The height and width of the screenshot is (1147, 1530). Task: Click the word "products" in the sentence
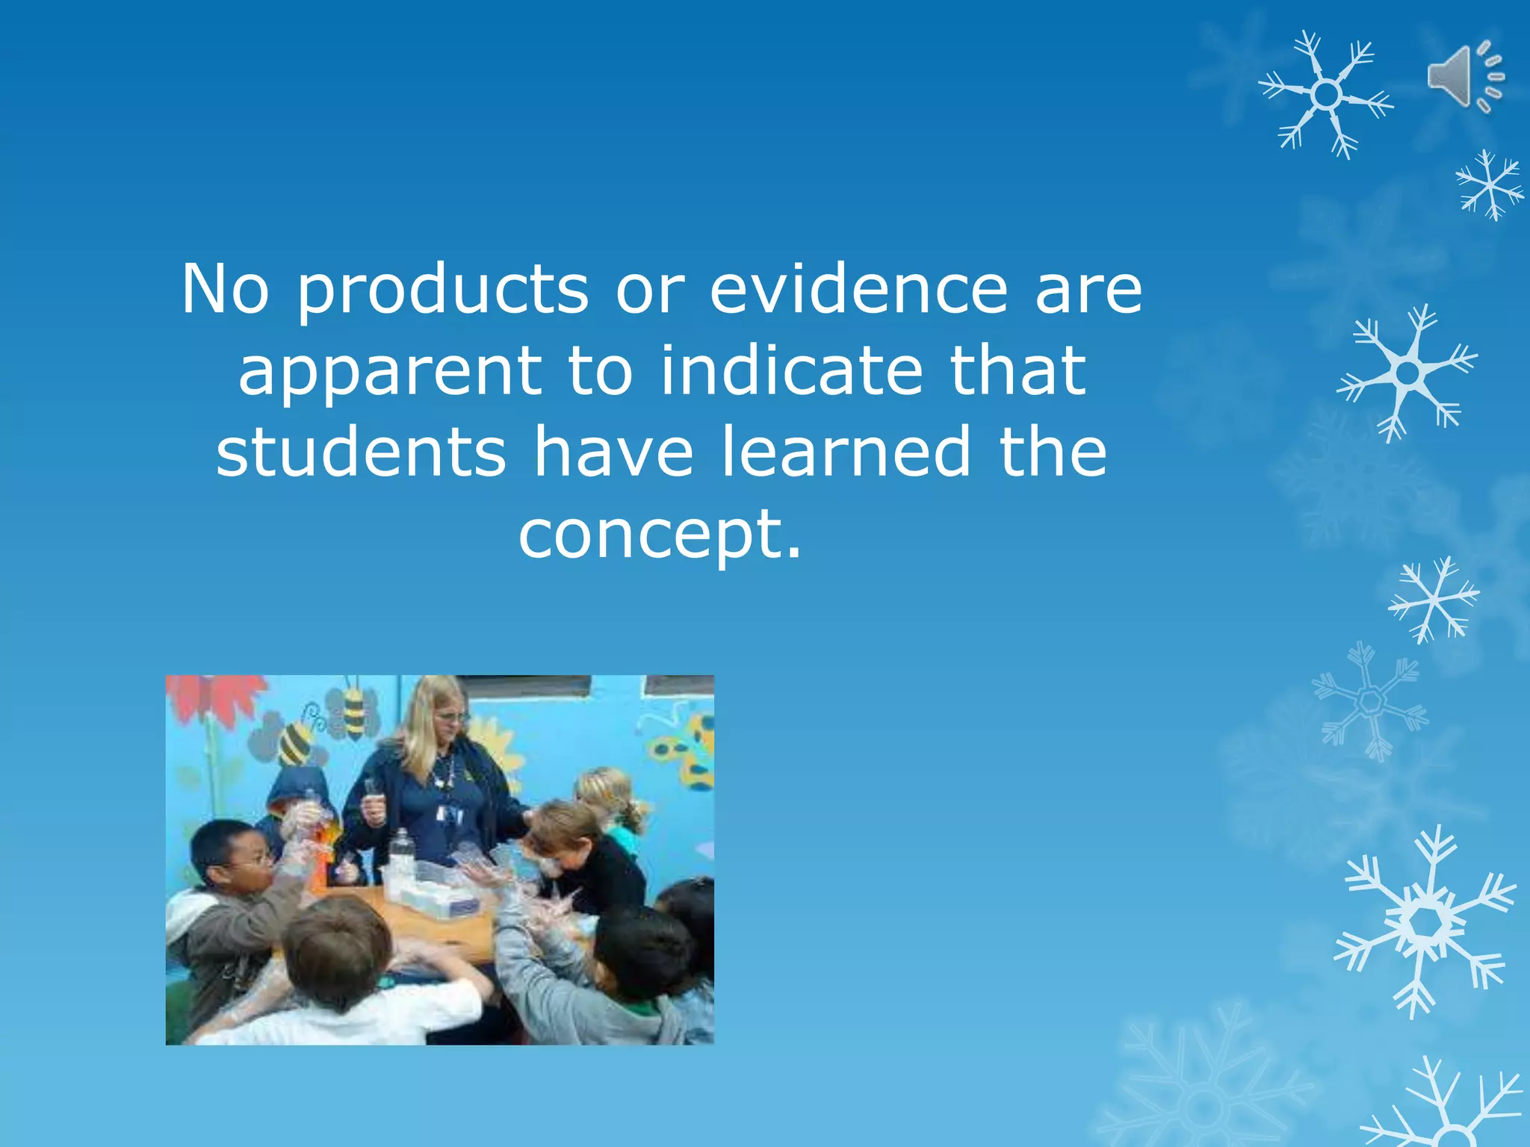444,289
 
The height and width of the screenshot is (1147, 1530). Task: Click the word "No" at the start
225,289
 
